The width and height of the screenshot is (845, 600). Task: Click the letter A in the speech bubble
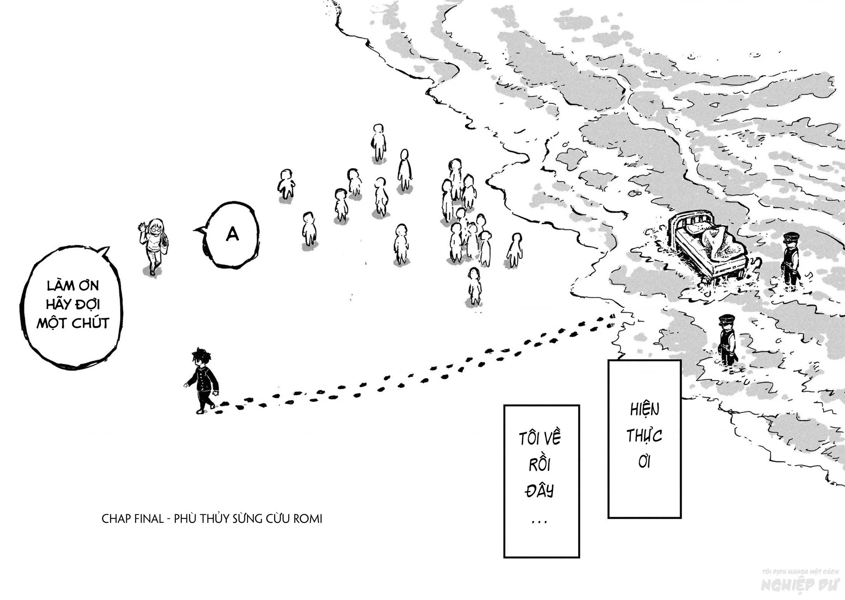tap(233, 235)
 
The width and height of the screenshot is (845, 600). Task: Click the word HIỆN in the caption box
tap(644, 409)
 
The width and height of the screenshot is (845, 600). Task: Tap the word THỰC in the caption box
tap(644, 436)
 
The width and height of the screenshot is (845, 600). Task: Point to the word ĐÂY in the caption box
tap(539, 491)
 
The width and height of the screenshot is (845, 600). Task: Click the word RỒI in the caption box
tap(540, 465)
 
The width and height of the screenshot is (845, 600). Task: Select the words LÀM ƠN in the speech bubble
tap(73, 285)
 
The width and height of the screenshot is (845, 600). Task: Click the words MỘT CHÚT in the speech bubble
tap(73, 323)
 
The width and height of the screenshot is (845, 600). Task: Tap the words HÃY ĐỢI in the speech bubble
tap(73, 304)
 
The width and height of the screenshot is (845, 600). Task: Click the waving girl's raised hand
tap(142, 227)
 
